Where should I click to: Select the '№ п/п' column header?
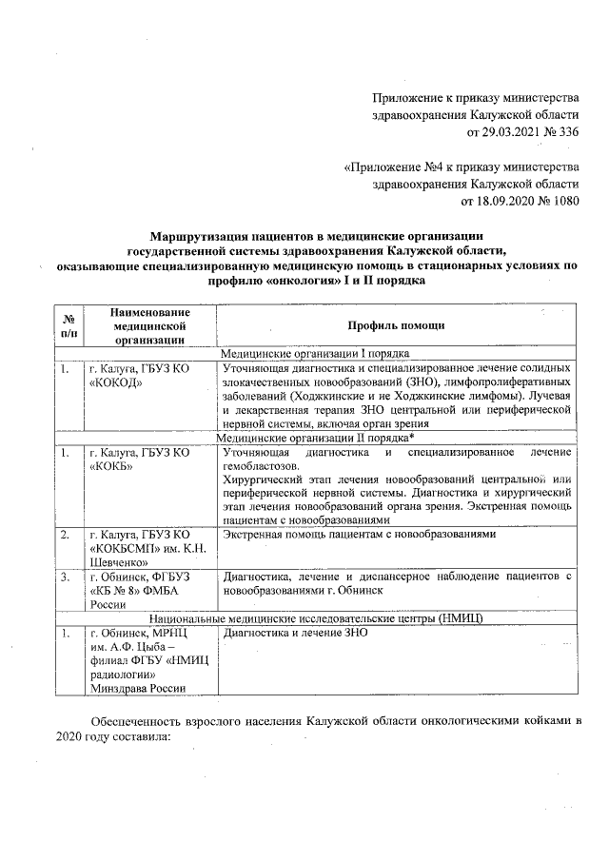tap(67, 325)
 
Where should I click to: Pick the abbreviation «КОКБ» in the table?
tap(111, 467)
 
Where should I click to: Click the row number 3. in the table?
tap(65, 577)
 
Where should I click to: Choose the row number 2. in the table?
tap(65, 536)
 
